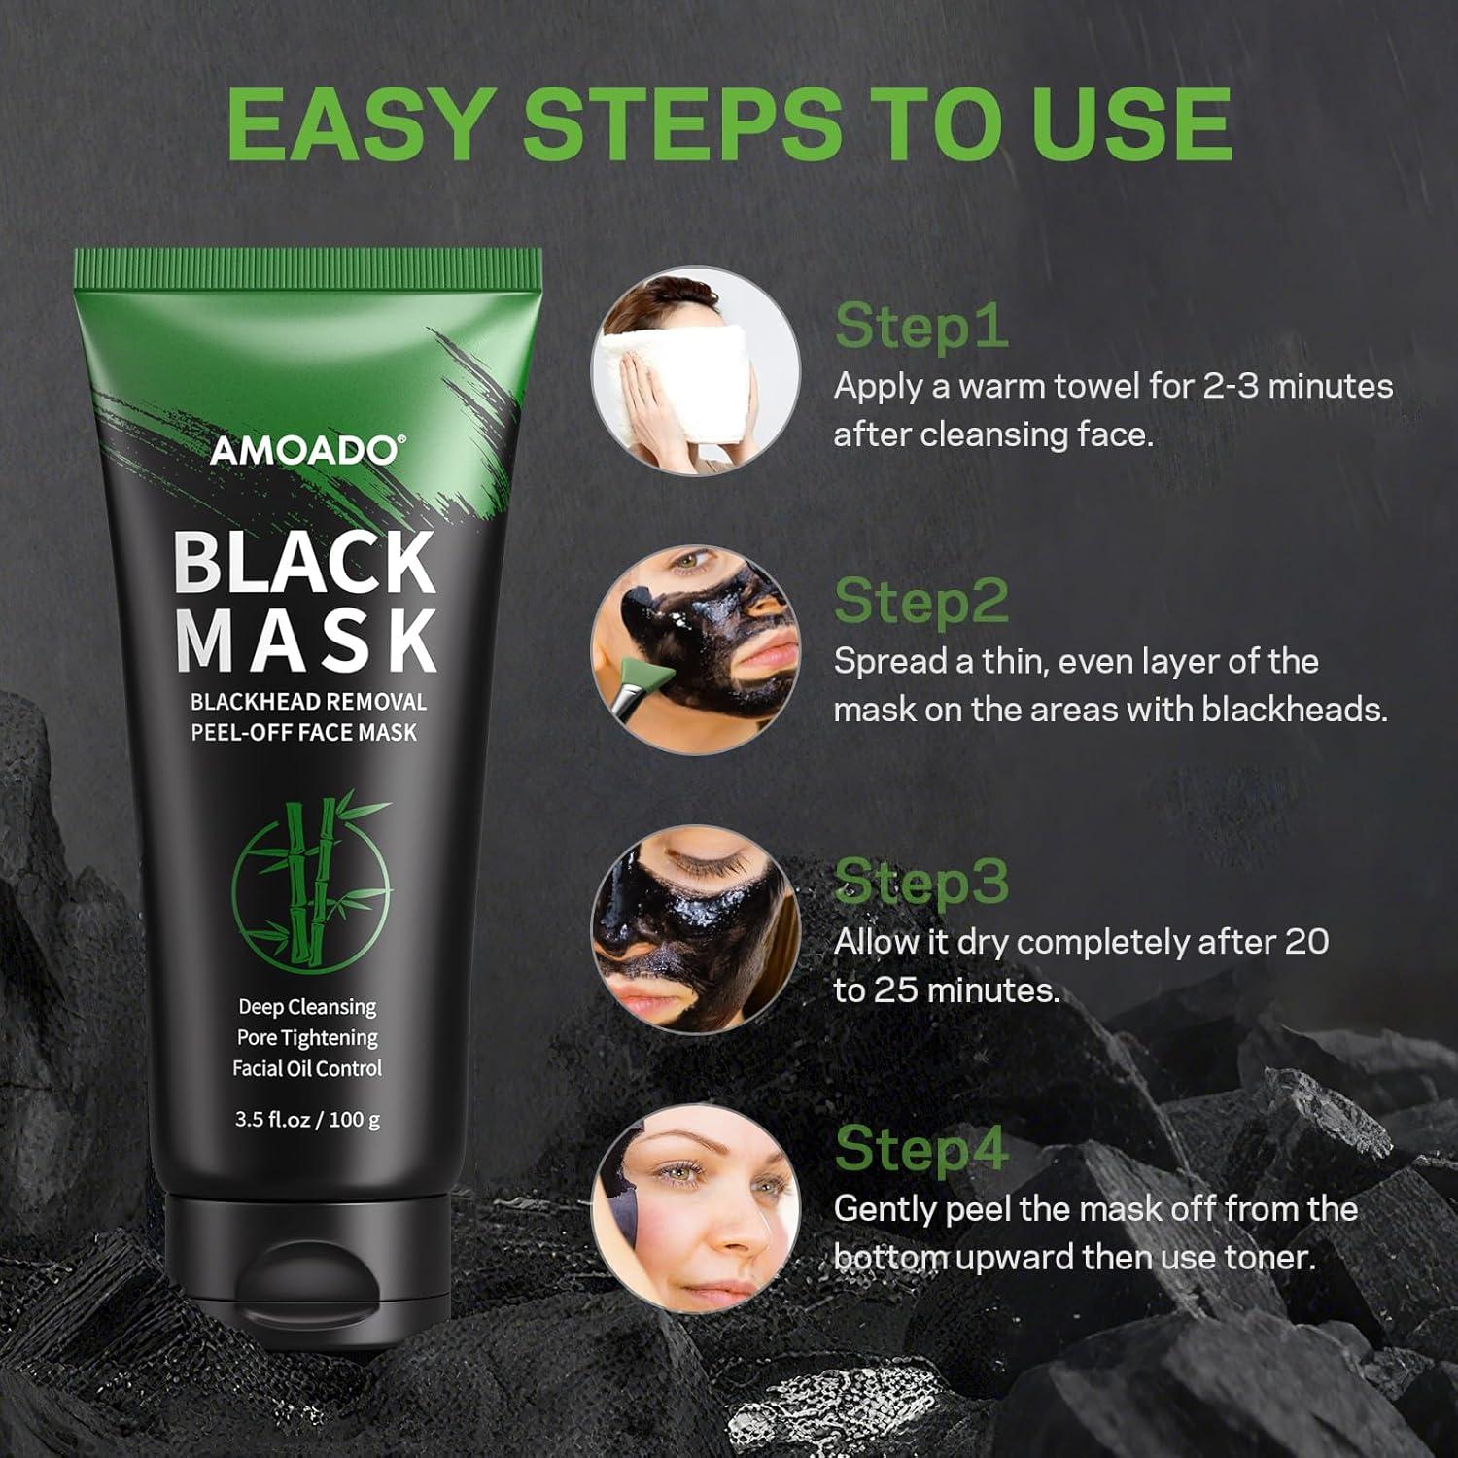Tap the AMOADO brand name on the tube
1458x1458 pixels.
tap(302, 451)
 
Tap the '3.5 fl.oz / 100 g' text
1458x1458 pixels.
tap(307, 1119)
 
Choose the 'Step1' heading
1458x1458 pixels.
tap(920, 325)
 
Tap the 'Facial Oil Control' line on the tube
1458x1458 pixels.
tap(306, 1068)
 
